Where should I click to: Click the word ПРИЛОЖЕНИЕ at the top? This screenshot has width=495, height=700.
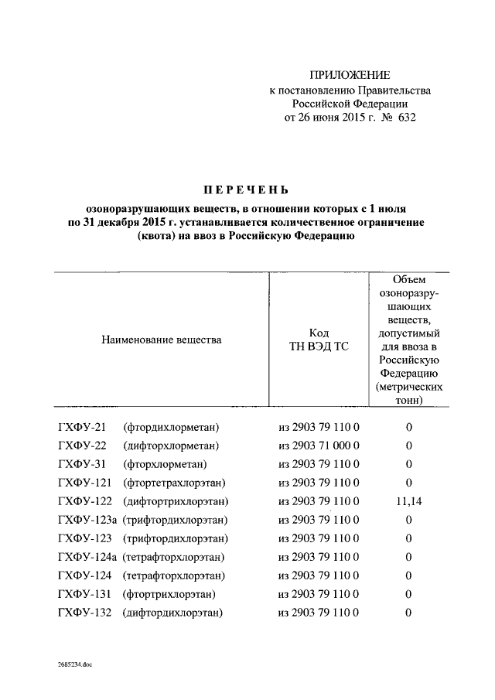click(350, 75)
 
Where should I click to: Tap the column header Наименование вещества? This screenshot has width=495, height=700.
click(161, 340)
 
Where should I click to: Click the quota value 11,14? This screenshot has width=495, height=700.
click(408, 501)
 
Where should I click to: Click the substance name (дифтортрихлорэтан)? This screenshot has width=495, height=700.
click(176, 501)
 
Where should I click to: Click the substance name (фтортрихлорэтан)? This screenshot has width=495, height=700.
click(169, 594)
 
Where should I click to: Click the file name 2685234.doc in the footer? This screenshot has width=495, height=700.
click(74, 663)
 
